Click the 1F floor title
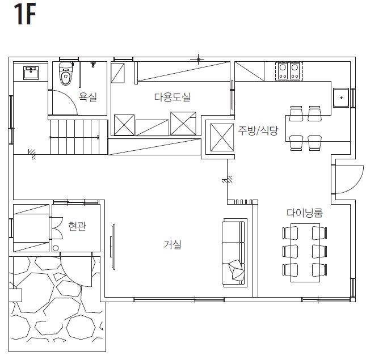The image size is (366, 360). (25, 14)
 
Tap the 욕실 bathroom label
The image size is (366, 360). (88, 96)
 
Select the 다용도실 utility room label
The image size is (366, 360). (173, 97)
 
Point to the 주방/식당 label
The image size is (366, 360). (258, 130)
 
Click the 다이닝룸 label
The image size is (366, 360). (305, 213)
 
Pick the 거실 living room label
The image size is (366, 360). (173, 244)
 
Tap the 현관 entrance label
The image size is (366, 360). (77, 226)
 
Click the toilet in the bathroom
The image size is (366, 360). (66, 74)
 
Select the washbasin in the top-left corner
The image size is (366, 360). (31, 73)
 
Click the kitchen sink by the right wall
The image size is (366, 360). (341, 98)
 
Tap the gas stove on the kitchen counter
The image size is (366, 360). (289, 71)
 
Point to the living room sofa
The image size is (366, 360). (234, 253)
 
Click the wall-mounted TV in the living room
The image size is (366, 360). (113, 247)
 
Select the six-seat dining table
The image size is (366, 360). (305, 253)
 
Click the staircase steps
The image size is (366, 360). (79, 137)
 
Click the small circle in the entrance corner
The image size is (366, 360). (56, 248)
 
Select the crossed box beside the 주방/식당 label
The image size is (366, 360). (222, 137)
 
